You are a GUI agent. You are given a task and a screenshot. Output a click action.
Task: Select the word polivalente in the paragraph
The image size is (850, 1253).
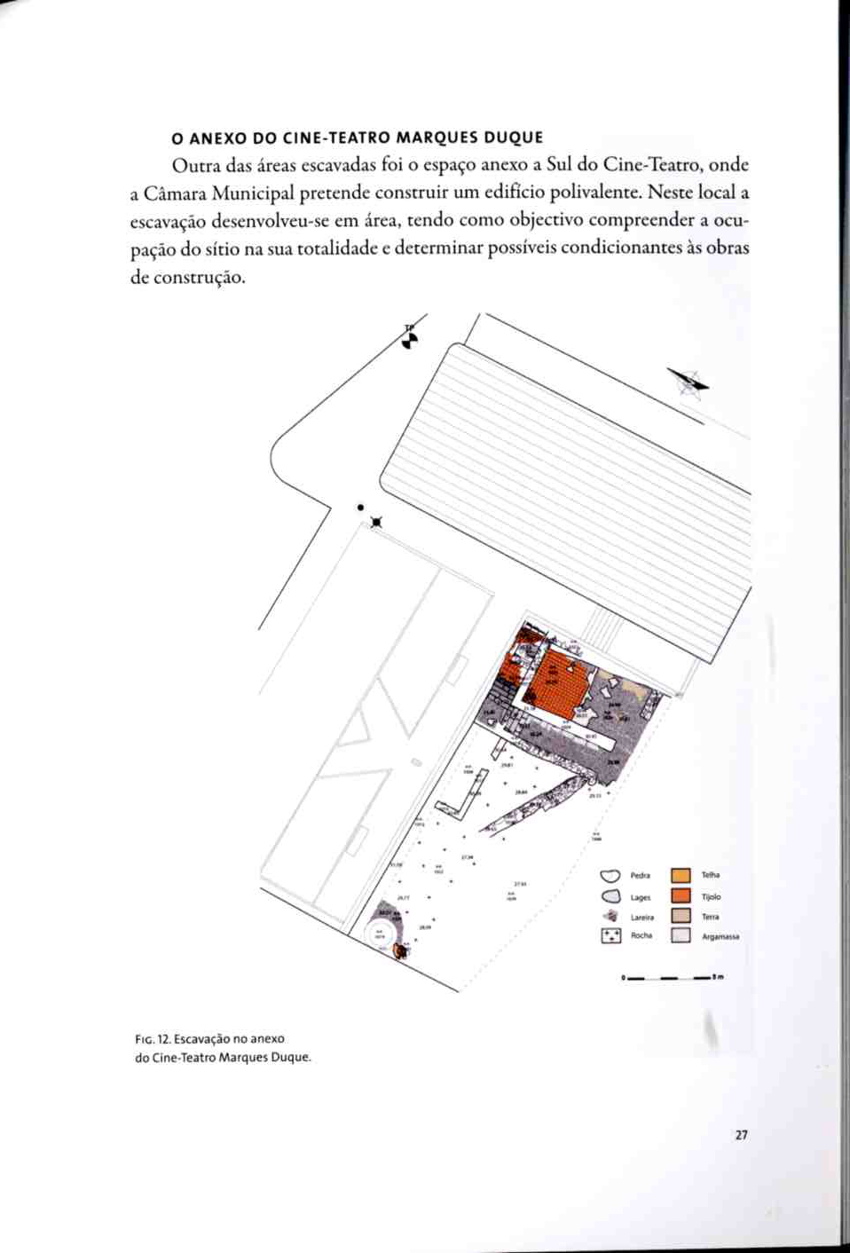(594, 193)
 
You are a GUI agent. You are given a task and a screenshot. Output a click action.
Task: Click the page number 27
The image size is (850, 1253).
(742, 1135)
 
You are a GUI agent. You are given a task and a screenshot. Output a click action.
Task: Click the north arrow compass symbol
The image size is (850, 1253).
(690, 382)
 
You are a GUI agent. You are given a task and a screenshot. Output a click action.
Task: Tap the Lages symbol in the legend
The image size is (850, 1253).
(610, 897)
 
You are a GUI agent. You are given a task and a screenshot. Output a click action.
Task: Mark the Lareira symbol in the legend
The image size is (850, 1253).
(610, 916)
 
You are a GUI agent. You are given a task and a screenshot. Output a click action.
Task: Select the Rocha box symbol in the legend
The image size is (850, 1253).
(610, 935)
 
